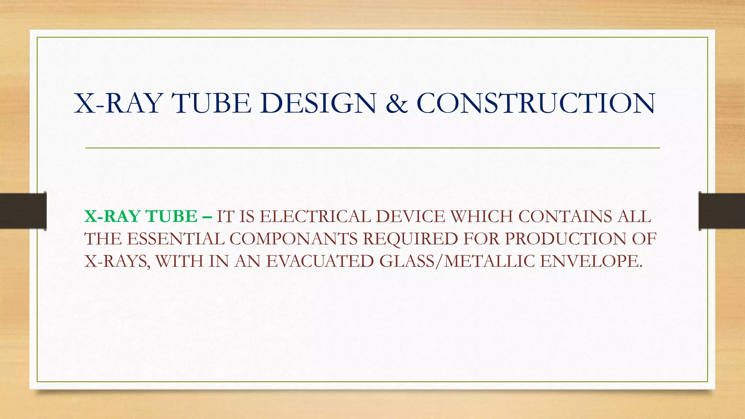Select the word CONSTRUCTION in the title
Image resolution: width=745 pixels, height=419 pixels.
536,103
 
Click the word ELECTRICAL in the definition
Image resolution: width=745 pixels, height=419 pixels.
316,216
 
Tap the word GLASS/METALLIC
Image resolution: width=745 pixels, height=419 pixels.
457,261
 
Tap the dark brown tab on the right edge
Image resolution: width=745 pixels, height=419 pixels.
722,211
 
